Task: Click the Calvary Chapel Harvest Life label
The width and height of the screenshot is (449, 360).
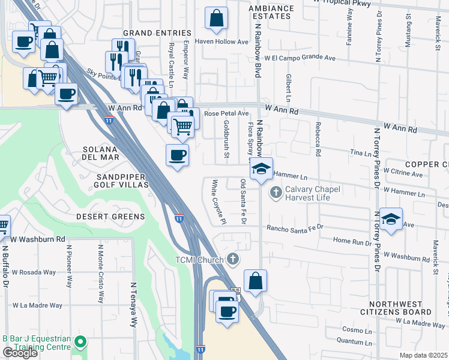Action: (x=312, y=193)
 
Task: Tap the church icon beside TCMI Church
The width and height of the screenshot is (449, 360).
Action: (x=233, y=259)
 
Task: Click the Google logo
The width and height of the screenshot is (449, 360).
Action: (x=20, y=353)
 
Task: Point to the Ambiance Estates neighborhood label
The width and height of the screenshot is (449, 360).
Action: (x=272, y=13)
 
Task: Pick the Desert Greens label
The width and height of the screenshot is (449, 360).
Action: (x=110, y=217)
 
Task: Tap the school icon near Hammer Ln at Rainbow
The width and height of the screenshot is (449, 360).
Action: (x=261, y=168)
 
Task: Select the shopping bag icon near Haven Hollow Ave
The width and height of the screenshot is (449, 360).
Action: (x=216, y=19)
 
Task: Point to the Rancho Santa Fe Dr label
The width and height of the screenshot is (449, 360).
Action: (x=295, y=227)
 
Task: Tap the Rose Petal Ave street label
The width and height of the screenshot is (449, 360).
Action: (x=226, y=113)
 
